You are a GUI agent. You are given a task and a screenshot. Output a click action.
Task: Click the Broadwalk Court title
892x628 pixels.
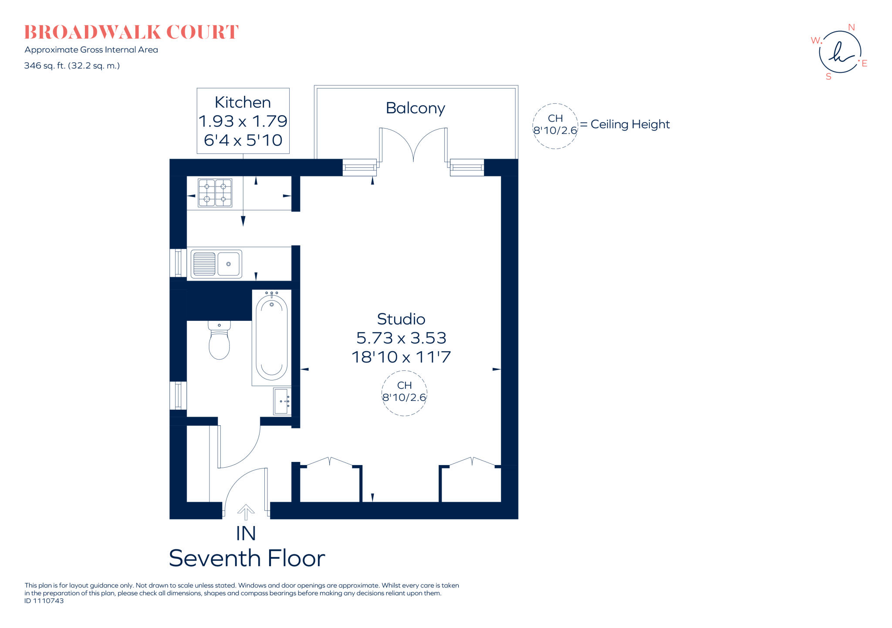click(131, 32)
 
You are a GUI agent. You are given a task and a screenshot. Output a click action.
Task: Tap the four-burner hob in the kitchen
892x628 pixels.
click(215, 193)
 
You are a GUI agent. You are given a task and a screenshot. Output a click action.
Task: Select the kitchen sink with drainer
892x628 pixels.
click(216, 264)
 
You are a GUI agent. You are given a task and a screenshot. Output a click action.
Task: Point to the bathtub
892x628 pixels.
click(271, 338)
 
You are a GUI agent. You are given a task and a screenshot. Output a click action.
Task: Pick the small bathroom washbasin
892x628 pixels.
click(282, 401)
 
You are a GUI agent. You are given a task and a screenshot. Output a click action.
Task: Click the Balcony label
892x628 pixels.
click(415, 108)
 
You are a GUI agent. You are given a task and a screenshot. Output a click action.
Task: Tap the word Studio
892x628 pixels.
click(401, 319)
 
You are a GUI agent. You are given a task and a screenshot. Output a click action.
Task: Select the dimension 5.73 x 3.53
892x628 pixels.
click(401, 338)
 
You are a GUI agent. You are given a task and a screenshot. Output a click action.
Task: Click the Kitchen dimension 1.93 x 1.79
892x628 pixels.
click(243, 121)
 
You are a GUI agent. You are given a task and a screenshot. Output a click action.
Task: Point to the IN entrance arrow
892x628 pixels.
click(246, 513)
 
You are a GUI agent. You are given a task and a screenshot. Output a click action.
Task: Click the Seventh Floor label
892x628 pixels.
click(247, 558)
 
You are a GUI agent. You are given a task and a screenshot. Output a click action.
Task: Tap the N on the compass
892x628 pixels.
click(851, 27)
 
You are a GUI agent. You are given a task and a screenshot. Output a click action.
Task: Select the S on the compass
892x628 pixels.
click(828, 77)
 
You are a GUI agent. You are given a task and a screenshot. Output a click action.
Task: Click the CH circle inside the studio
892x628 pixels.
click(404, 393)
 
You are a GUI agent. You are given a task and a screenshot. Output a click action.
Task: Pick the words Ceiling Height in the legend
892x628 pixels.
click(630, 124)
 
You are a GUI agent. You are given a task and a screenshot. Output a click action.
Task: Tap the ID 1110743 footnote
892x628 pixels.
click(44, 601)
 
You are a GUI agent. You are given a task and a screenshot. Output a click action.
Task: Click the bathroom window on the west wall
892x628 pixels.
click(178, 395)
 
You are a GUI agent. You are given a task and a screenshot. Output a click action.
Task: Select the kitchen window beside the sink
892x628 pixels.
click(178, 263)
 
